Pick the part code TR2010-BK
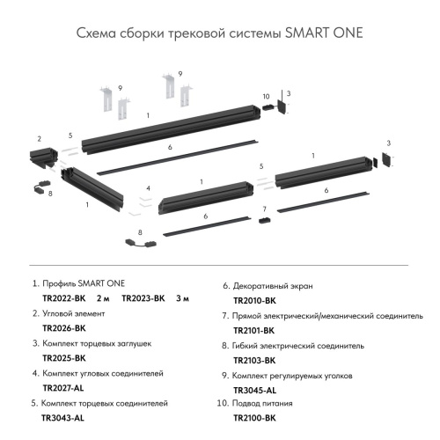coord(254,300)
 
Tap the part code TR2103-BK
coord(254,360)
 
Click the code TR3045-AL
coord(254,390)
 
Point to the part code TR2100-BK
coord(254,419)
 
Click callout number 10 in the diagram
coord(265,96)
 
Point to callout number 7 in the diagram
coord(263,209)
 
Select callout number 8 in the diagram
coord(50,192)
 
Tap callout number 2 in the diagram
coord(40,139)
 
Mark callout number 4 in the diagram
coord(150,188)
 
